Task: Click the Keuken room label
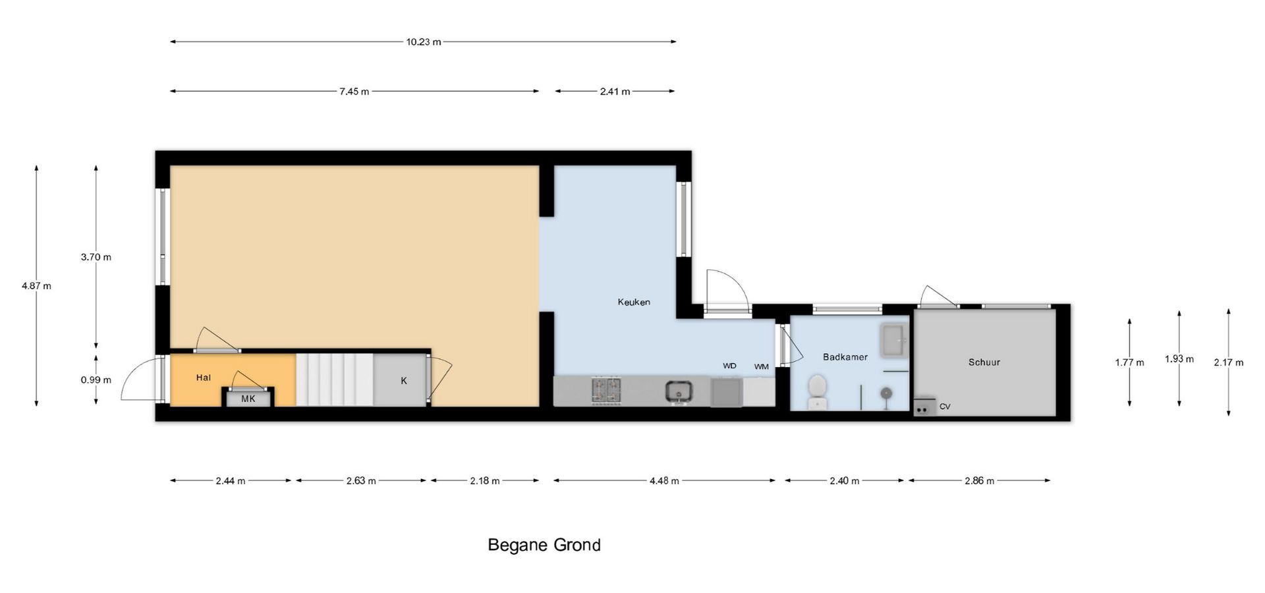pos(634,302)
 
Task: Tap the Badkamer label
pos(845,357)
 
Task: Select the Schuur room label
pos(984,362)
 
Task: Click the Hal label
pos(204,378)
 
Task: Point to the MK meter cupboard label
pos(248,399)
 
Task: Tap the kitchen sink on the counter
pos(679,391)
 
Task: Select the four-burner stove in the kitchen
pos(606,390)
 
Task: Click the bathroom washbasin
pos(894,341)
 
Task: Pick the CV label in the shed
pos(945,407)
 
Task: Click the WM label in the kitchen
pos(762,367)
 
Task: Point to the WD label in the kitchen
pos(729,366)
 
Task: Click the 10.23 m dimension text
pos(424,42)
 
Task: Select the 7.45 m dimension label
pos(354,92)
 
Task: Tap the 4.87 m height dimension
pos(36,286)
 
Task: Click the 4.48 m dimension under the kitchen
pos(664,481)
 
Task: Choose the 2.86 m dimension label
pos(980,481)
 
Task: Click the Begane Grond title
pos(544,545)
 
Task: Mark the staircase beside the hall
pos(334,380)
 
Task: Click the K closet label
pos(404,381)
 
